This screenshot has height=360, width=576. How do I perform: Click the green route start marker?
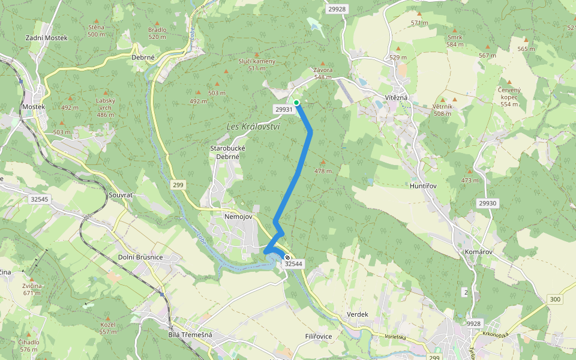[x=296, y=103]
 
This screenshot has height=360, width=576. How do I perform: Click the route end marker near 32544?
[x=287, y=257]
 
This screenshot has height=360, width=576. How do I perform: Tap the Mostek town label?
[x=33, y=107]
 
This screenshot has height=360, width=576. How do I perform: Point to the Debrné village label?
[x=143, y=58]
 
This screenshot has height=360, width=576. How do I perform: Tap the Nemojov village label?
[x=238, y=216]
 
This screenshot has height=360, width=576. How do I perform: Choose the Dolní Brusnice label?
[x=137, y=257]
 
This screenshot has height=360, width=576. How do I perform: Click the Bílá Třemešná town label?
[x=191, y=335]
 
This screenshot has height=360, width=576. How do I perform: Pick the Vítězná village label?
[x=396, y=97]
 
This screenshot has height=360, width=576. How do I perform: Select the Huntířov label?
[x=422, y=186]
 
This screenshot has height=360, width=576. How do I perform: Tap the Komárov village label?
[x=478, y=251]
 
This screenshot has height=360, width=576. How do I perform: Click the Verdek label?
[x=357, y=314]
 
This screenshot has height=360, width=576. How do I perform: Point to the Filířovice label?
[x=318, y=337]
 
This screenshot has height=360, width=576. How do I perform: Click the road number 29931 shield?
[x=284, y=109]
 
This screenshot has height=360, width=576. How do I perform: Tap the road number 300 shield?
[x=554, y=299]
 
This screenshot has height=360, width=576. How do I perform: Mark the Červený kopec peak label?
[x=508, y=97]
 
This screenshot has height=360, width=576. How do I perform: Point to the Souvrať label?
[x=120, y=196]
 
